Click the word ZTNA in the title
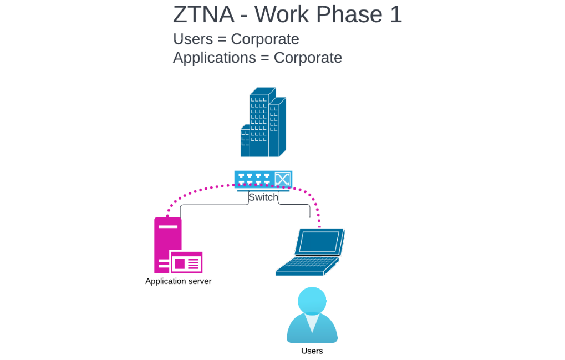pyautogui.click(x=203, y=14)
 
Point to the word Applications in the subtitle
pyautogui.click(x=214, y=58)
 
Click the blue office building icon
pyautogui.click(x=263, y=123)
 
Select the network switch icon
pyautogui.click(x=263, y=179)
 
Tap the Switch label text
pyautogui.click(x=263, y=197)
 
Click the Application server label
pyautogui.click(x=178, y=281)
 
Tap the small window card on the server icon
pyautogui.click(x=186, y=262)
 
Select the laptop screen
pyautogui.click(x=319, y=242)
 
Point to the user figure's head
pyautogui.click(x=312, y=300)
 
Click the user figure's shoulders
pyautogui.click(x=312, y=331)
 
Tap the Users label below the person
pyautogui.click(x=312, y=351)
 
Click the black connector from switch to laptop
pyautogui.click(x=294, y=205)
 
